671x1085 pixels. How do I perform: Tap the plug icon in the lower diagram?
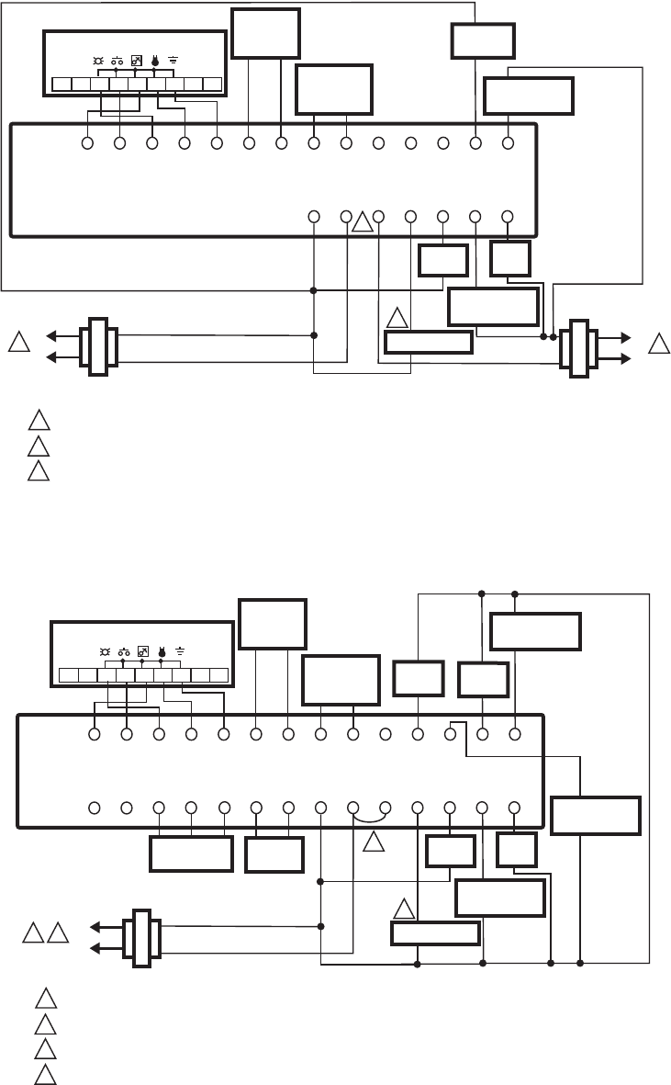(x=161, y=650)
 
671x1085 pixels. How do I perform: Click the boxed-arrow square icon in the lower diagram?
(x=143, y=650)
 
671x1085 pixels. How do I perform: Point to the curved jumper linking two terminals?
(x=369, y=817)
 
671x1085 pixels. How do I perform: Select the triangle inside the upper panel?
(x=363, y=222)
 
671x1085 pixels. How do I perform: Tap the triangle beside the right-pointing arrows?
(x=657, y=345)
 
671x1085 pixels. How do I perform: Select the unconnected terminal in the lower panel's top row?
(x=386, y=735)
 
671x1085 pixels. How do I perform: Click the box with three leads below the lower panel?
(x=191, y=853)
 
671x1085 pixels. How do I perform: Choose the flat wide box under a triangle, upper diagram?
(x=428, y=343)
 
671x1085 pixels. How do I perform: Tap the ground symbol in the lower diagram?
(x=181, y=650)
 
